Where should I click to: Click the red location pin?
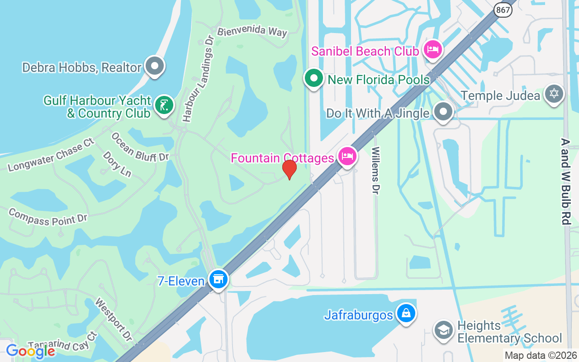[x=289, y=170]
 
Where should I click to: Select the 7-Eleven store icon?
[x=218, y=279]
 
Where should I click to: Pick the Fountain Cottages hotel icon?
[x=347, y=157]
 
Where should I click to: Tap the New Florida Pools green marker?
[x=313, y=78]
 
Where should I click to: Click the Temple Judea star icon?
[x=554, y=94]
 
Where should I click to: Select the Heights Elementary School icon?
[x=444, y=330]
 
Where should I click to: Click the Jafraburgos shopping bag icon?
[x=406, y=313]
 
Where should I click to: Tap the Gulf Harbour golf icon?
[x=163, y=105]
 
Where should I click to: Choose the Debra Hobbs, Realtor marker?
[x=155, y=66]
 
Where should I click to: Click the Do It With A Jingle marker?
[x=443, y=111]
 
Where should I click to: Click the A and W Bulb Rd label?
[x=565, y=181]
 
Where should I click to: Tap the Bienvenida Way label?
[x=252, y=32]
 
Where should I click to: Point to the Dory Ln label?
[x=117, y=164]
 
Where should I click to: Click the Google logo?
[x=30, y=351]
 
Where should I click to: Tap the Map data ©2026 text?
[x=541, y=355]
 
